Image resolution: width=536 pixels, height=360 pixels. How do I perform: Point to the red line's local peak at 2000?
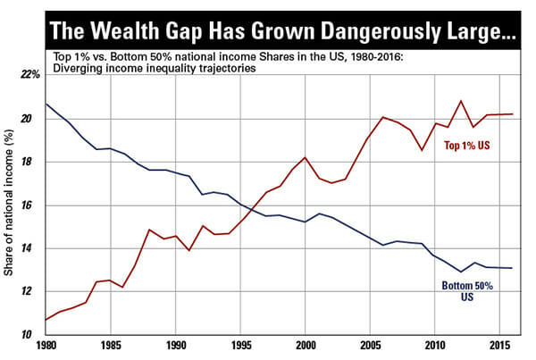(x=305, y=157)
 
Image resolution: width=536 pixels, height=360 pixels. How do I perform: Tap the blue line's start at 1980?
(x=46, y=105)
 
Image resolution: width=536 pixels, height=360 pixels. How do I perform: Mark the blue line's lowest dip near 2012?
(x=461, y=272)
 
